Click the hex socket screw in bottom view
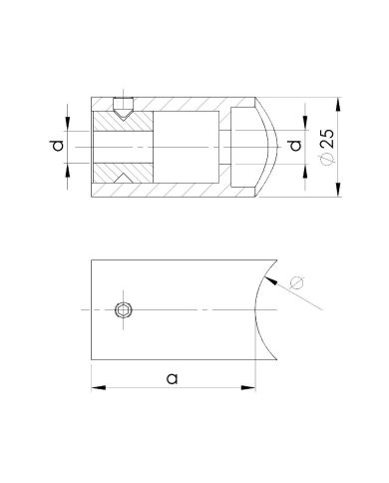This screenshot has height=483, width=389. click(x=123, y=311)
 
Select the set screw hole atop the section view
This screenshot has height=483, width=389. click(x=123, y=108)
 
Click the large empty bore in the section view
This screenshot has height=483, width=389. click(x=190, y=149)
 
